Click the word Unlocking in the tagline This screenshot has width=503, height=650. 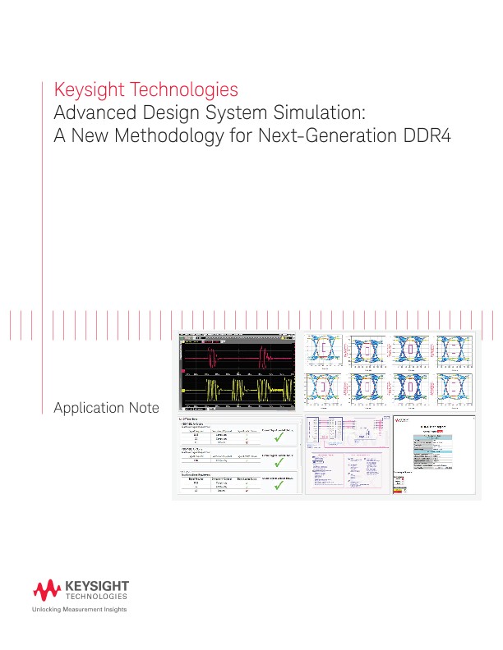click(x=48, y=611)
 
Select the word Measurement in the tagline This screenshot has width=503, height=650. click(x=83, y=611)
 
